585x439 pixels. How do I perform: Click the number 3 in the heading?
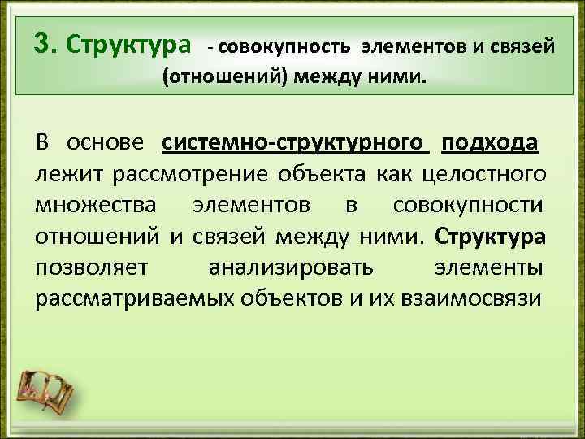pos(42,42)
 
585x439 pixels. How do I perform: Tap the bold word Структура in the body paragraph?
pos(491,236)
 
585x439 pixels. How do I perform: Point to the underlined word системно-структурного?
pos(295,141)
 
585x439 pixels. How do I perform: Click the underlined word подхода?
pos(489,141)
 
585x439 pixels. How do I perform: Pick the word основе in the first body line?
pos(107,141)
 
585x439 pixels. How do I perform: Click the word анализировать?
pos(291,267)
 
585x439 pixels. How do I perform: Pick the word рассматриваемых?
pos(134,298)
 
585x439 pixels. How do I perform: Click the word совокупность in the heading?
pos(285,46)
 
